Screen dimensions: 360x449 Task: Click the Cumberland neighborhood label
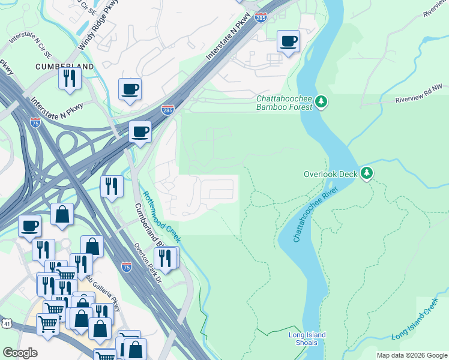coord(64,66)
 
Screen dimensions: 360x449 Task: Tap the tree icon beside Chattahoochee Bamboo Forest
coord(322,102)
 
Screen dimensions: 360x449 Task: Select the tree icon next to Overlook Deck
coord(366,174)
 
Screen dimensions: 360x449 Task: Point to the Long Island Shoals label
coord(307,338)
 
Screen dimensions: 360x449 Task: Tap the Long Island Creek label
coord(415,323)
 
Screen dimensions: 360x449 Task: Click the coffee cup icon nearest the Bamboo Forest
coord(288,41)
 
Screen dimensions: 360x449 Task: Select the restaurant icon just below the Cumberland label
coord(70,78)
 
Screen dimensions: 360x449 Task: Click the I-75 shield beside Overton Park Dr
coord(126,268)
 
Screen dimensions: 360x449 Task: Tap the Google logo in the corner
coord(20,353)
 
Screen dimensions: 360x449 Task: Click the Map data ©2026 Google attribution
coord(411,355)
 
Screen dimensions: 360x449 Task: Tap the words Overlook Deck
coord(330,174)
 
